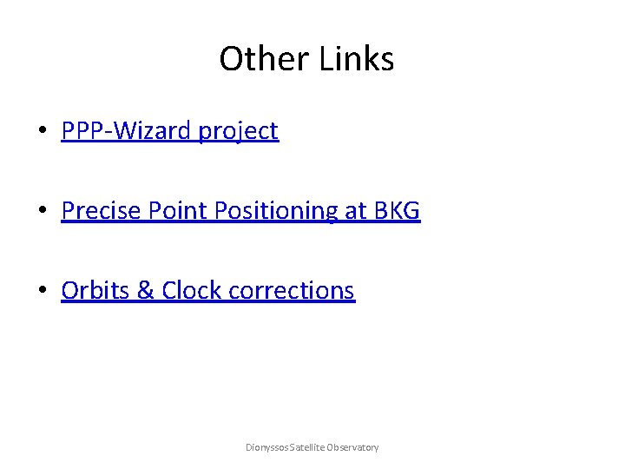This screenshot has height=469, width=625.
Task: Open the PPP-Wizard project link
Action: click(170, 131)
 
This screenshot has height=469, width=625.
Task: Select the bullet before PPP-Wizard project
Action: click(43, 132)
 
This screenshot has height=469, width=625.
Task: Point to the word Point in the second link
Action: click(168, 211)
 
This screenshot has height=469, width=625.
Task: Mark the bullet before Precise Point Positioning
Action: click(43, 212)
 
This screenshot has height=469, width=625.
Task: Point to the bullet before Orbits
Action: click(43, 291)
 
